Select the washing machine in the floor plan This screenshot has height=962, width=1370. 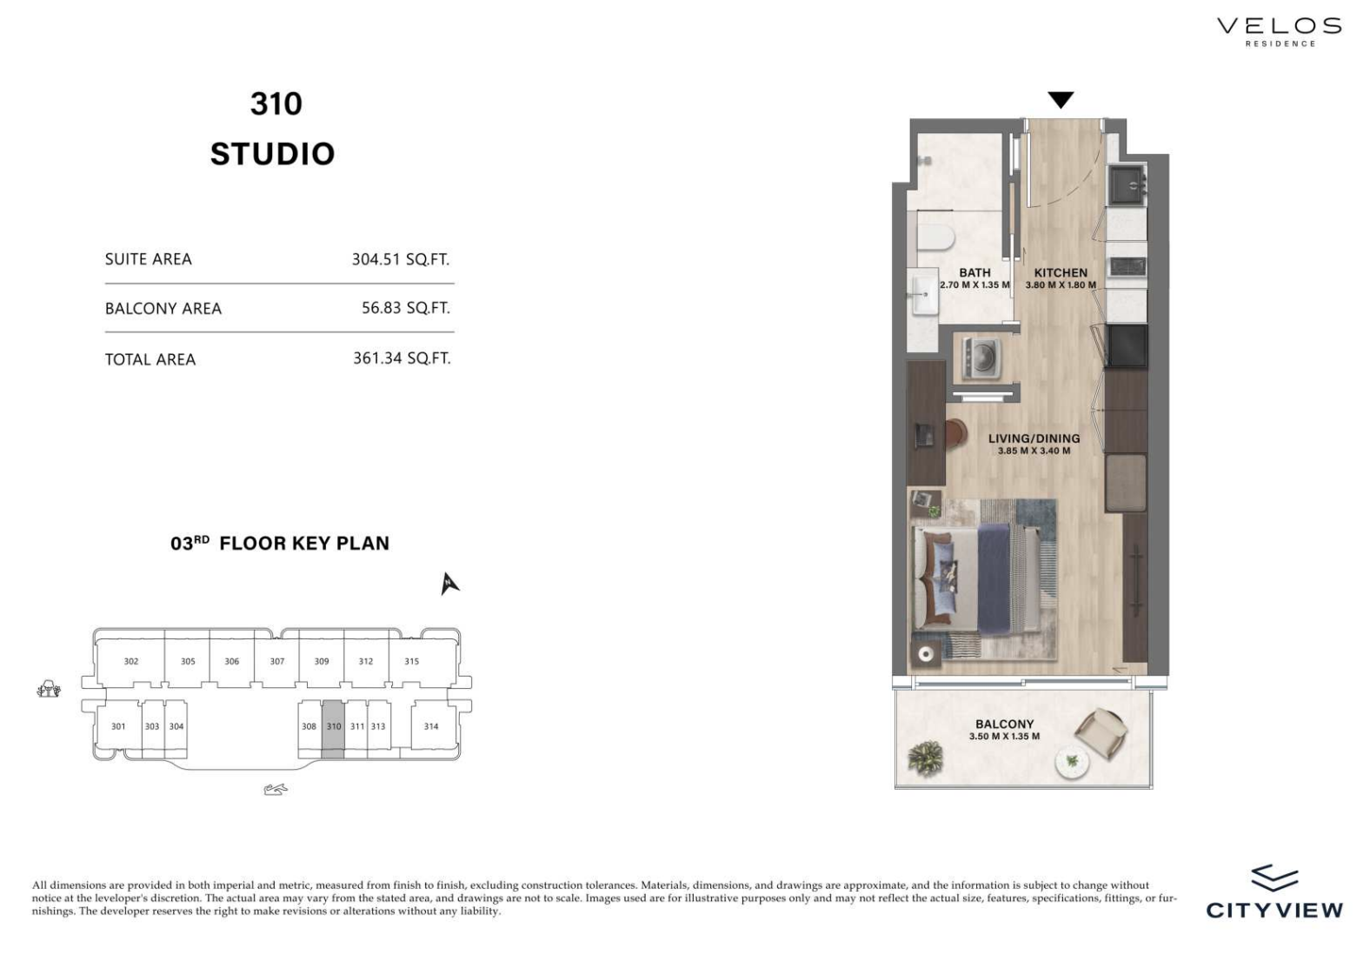coord(981,357)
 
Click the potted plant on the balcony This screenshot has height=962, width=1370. coord(926,758)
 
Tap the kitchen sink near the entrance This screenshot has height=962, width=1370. coord(1127,185)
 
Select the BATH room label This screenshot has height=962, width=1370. coord(974,272)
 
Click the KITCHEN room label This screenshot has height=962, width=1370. coord(1061,273)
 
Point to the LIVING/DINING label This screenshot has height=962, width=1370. coord(1034,438)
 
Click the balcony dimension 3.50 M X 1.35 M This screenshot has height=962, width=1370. coord(1004,736)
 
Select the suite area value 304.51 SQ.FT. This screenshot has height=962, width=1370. coord(401,259)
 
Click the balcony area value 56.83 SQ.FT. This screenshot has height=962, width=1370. coord(405,308)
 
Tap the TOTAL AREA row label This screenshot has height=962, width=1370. coord(150,359)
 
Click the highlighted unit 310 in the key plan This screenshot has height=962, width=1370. coord(333,730)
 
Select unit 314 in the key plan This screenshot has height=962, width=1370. coord(431,726)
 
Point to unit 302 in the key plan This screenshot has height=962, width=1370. coord(131,662)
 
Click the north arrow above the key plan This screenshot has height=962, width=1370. coord(449,583)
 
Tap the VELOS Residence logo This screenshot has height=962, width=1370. coord(1280,32)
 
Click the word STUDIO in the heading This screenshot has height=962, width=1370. coord(273,154)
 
